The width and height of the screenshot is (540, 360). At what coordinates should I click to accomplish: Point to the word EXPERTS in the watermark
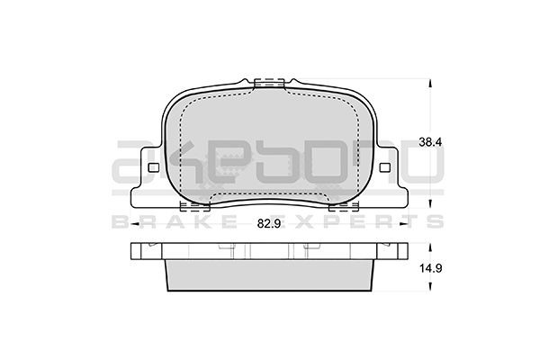pyautogui.click(x=379, y=220)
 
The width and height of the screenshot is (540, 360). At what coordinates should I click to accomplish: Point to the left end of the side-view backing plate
pyautogui.click(x=135, y=253)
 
